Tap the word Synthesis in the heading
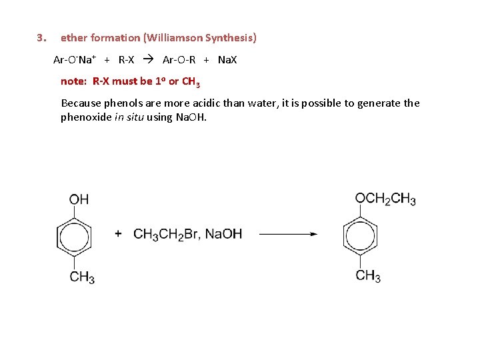tap(230, 38)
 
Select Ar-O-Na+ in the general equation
tap(75, 60)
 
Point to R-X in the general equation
tap(126, 60)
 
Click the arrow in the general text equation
tap(149, 60)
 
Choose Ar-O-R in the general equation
tap(179, 60)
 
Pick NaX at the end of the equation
tap(227, 60)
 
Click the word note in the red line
tap(73, 82)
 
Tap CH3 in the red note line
tap(191, 83)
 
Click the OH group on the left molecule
tap(79, 199)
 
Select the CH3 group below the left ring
tap(82, 277)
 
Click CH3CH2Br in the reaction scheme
tap(166, 234)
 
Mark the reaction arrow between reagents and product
tap(287, 234)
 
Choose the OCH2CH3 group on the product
tap(385, 199)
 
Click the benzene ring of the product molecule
tap(361, 236)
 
